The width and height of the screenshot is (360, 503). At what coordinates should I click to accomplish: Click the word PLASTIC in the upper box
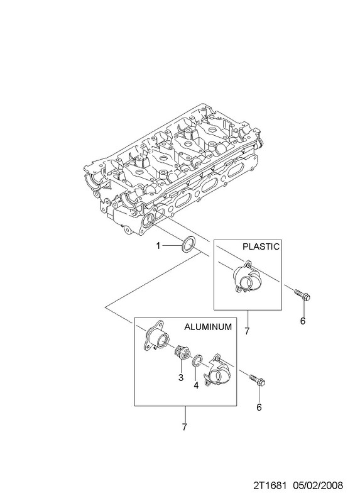(x=261, y=246)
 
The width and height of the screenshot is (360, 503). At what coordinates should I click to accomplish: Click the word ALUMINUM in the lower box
(x=208, y=326)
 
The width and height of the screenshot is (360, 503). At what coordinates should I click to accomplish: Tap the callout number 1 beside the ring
(x=158, y=246)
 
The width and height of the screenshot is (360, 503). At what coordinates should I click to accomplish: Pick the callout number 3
(x=181, y=378)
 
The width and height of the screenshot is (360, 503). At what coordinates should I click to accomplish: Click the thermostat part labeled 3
(x=181, y=354)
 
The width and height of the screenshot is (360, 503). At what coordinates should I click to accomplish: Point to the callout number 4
(x=196, y=385)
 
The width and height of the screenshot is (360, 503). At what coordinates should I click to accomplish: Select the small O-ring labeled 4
(x=197, y=360)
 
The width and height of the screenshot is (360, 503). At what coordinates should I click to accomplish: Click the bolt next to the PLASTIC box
(x=303, y=295)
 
